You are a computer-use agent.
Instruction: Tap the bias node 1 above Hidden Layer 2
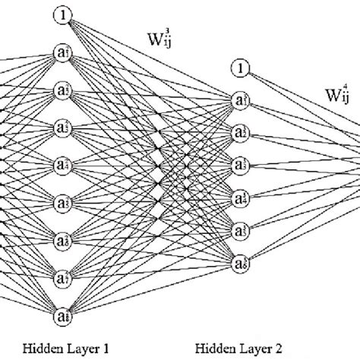pyautogui.click(x=241, y=69)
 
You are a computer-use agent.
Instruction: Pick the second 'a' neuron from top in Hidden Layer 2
pyautogui.click(x=241, y=133)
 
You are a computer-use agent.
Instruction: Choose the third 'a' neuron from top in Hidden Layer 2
pyautogui.click(x=241, y=165)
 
